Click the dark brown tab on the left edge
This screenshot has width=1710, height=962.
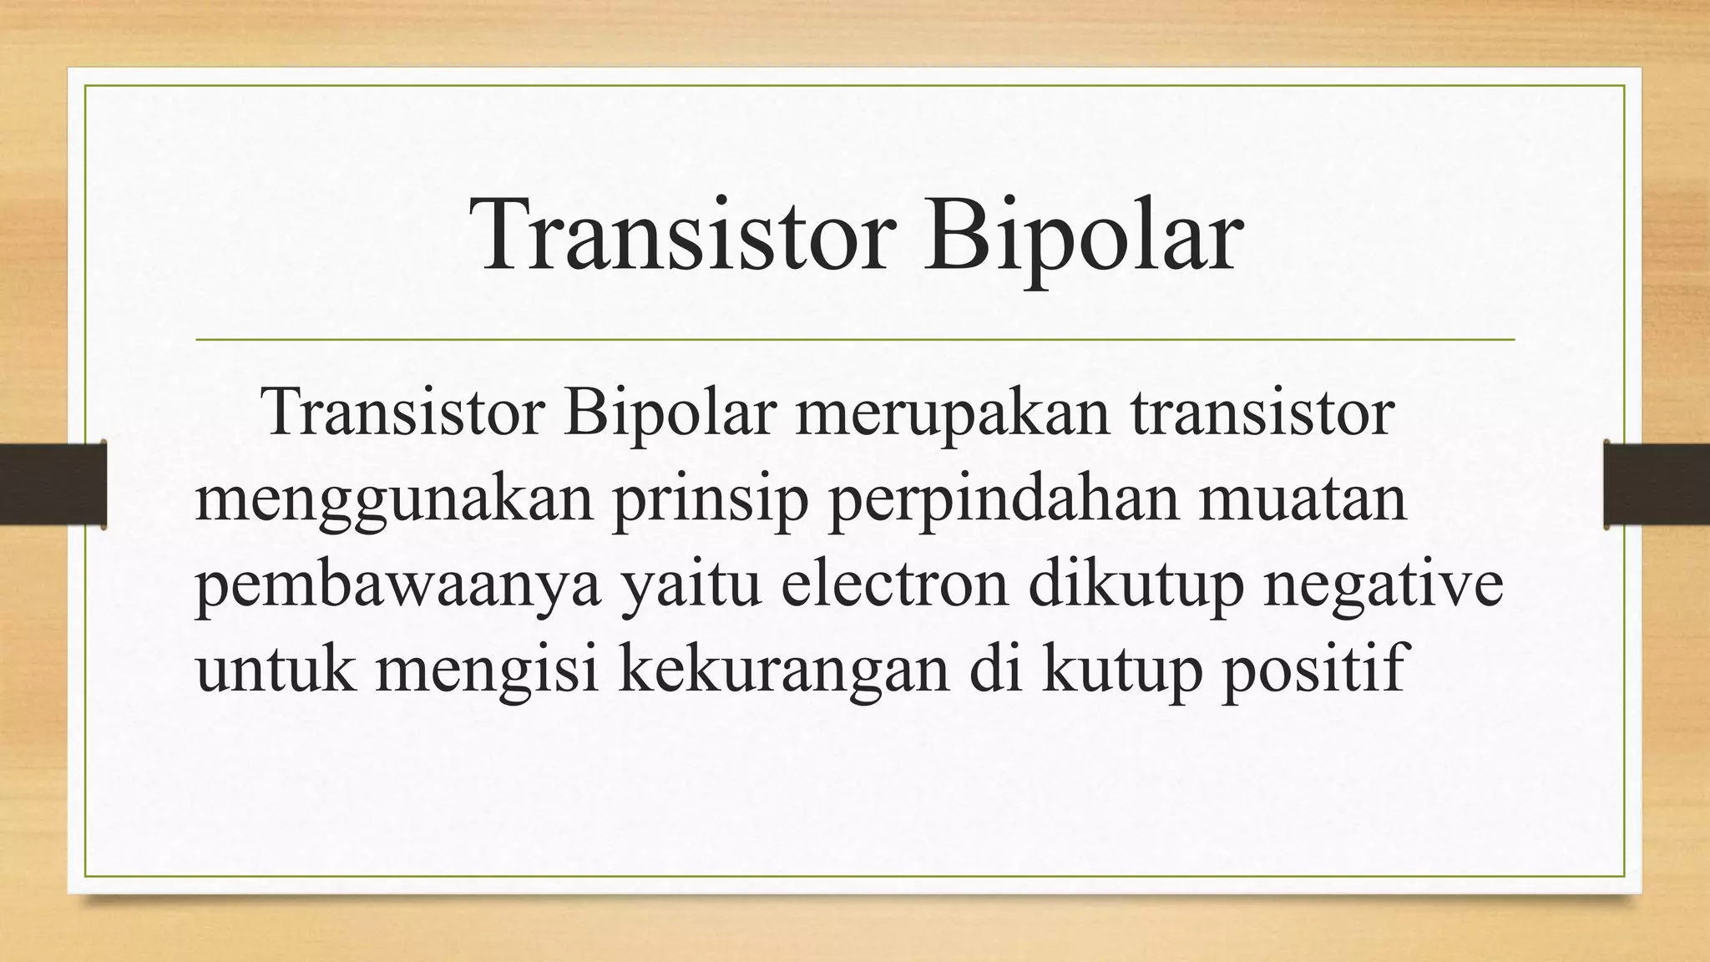[x=53, y=484]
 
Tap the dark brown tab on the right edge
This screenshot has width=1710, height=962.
[x=1657, y=484]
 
